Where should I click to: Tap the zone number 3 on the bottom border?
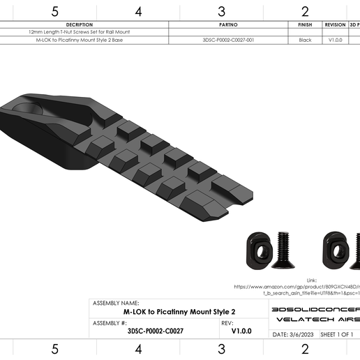[x=221, y=348]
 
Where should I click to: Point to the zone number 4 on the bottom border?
[x=138, y=348]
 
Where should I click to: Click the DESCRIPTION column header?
[x=79, y=24]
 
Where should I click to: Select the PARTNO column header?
[x=228, y=24]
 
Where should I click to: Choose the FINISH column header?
[x=305, y=24]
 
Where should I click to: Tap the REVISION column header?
[x=335, y=24]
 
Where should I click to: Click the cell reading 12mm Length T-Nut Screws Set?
[x=79, y=32]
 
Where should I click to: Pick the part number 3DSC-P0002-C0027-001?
[x=228, y=40]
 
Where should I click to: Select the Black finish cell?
[x=305, y=40]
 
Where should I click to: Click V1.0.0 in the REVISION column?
[x=335, y=40]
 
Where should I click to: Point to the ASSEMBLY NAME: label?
[x=116, y=303]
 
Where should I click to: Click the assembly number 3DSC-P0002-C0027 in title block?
[x=156, y=331]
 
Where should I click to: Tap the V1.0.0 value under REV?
[x=241, y=331]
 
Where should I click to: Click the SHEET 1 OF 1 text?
[x=337, y=334]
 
